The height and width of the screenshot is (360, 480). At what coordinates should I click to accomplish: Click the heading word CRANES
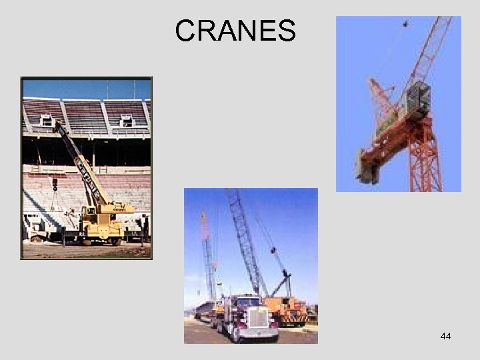coord(235,31)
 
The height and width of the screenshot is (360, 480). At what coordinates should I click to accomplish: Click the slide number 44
coord(445,336)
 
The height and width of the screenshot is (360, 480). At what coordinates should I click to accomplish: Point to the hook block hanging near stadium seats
coord(55,184)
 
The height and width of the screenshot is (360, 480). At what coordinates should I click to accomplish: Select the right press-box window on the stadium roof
coord(127,121)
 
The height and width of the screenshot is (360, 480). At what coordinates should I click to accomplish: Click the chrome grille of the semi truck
coord(258,318)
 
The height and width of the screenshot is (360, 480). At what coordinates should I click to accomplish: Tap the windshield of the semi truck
coord(251,303)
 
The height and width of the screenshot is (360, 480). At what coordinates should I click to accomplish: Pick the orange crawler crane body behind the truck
coord(287,308)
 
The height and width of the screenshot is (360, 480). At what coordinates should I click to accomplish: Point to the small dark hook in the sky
coord(405,24)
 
